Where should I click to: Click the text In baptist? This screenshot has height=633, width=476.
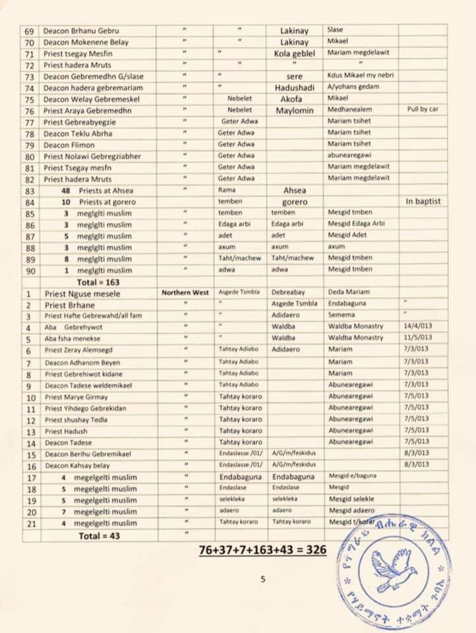[x=423, y=200]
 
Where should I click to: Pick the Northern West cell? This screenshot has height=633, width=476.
[x=185, y=293]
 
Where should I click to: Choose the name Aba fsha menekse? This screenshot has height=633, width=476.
[x=73, y=338]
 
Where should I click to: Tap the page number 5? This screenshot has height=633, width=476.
[x=262, y=580]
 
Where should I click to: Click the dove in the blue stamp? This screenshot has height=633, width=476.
[x=394, y=569]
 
